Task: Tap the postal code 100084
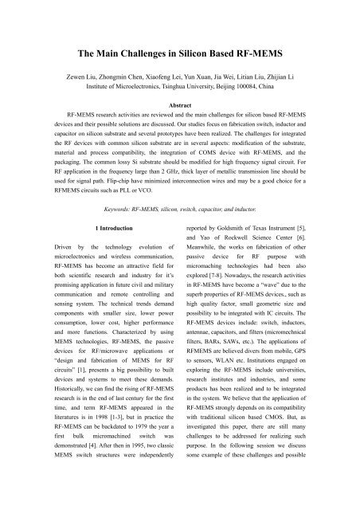tap(253, 81)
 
